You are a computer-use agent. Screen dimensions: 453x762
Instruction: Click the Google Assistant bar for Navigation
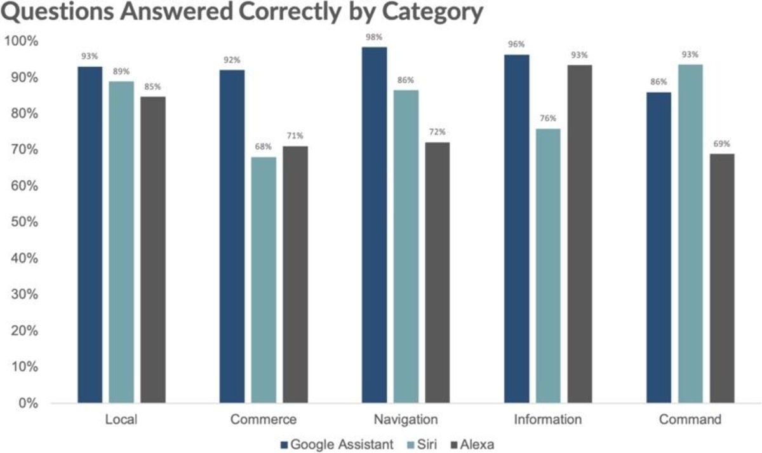click(374, 225)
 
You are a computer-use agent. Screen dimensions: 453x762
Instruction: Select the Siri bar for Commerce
click(264, 280)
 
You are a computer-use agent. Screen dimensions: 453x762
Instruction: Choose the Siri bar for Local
click(121, 242)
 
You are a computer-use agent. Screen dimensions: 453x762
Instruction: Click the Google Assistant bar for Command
click(658, 248)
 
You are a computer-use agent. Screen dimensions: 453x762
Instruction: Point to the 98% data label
click(374, 37)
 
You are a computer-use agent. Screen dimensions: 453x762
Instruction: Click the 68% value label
click(264, 147)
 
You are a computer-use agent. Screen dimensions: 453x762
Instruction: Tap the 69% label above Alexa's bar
click(721, 144)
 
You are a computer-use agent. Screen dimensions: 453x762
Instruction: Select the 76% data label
click(548, 118)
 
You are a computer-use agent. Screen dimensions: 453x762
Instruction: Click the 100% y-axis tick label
click(22, 41)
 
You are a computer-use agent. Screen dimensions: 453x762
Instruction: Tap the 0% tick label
click(27, 403)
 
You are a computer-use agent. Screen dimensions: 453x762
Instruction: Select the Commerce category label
click(264, 420)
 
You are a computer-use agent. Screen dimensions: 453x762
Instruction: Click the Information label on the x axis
click(548, 420)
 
